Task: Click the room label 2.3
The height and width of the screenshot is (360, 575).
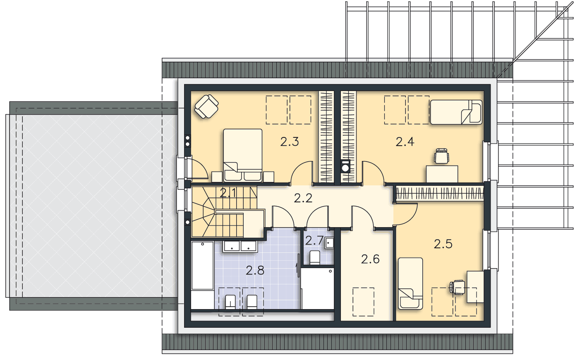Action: (290, 142)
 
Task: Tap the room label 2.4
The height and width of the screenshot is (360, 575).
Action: (405, 142)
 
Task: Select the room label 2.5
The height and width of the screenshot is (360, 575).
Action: (443, 244)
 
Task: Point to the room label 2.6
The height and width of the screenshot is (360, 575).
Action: (370, 259)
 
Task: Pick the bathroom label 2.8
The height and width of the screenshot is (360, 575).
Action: (255, 270)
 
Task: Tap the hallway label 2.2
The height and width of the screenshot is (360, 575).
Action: (303, 198)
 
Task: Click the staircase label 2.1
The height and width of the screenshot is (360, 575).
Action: (228, 193)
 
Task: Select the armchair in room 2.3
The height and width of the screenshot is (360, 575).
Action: (206, 107)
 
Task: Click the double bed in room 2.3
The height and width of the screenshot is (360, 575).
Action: (243, 155)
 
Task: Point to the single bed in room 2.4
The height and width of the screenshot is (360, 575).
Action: (456, 112)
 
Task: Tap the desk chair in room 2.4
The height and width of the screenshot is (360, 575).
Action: (441, 156)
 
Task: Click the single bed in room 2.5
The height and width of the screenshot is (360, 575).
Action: (410, 283)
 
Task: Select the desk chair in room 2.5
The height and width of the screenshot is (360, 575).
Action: (457, 287)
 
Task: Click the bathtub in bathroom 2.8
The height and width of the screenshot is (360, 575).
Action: (203, 266)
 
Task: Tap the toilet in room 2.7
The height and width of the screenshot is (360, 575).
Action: (315, 257)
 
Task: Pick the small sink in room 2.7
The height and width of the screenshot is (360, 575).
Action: (329, 243)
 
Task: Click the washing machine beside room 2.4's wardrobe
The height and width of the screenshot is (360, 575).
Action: (345, 166)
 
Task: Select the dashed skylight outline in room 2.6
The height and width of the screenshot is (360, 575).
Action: (363, 302)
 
